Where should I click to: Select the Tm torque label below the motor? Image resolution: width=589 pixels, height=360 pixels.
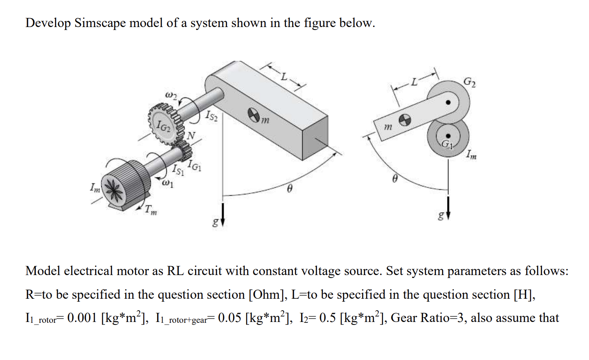click(150, 210)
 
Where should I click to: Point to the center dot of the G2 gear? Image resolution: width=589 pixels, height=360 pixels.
click(449, 102)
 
